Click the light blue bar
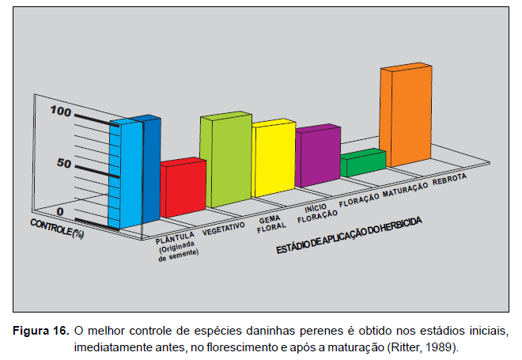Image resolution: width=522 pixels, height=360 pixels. coord(127,174)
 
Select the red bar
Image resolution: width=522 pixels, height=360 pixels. coord(182,190)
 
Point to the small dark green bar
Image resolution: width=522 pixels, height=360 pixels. coord(361,163)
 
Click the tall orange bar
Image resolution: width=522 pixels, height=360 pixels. coord(405,117)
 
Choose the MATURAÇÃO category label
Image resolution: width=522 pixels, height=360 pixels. coord(406,188)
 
